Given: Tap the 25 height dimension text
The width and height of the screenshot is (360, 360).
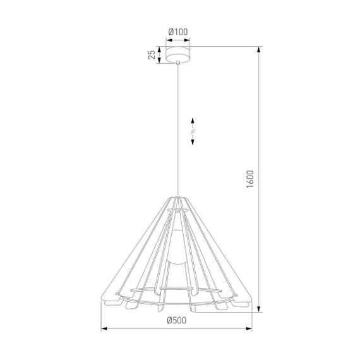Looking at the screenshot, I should [152, 55].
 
